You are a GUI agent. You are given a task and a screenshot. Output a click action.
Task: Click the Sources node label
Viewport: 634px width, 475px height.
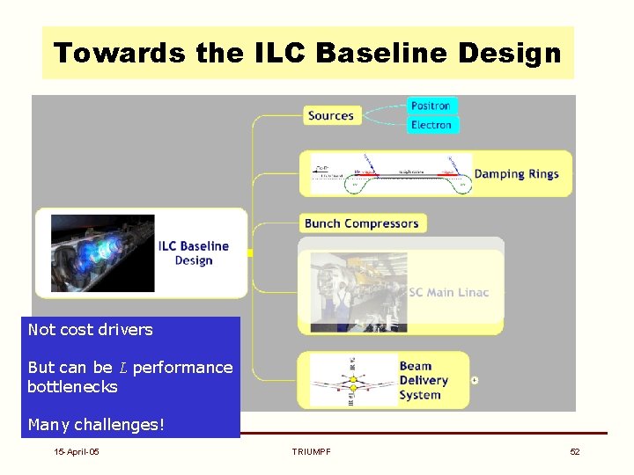(331, 115)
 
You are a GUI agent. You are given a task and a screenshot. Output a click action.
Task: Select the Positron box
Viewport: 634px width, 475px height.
(431, 106)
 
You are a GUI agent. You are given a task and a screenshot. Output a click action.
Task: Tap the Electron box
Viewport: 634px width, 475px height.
(431, 125)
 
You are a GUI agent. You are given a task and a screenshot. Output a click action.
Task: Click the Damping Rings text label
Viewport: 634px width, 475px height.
(516, 173)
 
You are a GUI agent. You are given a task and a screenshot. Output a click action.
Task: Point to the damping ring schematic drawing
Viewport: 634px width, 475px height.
(391, 174)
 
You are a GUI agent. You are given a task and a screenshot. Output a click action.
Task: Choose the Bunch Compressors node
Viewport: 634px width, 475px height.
(361, 223)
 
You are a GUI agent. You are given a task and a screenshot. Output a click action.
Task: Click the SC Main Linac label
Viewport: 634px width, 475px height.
(449, 292)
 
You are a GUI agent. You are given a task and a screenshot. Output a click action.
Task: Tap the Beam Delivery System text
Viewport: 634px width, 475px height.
(424, 380)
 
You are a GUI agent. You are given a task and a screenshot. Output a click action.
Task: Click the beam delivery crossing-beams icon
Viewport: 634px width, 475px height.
(353, 381)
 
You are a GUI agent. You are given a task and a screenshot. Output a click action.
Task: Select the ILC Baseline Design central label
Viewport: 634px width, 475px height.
(193, 252)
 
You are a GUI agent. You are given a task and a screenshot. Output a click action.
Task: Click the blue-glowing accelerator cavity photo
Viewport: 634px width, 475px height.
(102, 253)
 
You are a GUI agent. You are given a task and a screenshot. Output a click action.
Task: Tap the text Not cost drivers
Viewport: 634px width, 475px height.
(90, 330)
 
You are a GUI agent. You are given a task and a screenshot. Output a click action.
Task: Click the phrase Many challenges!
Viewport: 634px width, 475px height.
(96, 425)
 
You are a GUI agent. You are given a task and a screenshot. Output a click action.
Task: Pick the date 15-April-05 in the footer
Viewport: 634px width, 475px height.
(76, 451)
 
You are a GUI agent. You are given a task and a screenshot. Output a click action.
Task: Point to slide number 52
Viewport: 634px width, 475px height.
(575, 451)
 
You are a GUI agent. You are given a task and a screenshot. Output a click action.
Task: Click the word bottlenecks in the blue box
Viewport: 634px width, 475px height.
(72, 386)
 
